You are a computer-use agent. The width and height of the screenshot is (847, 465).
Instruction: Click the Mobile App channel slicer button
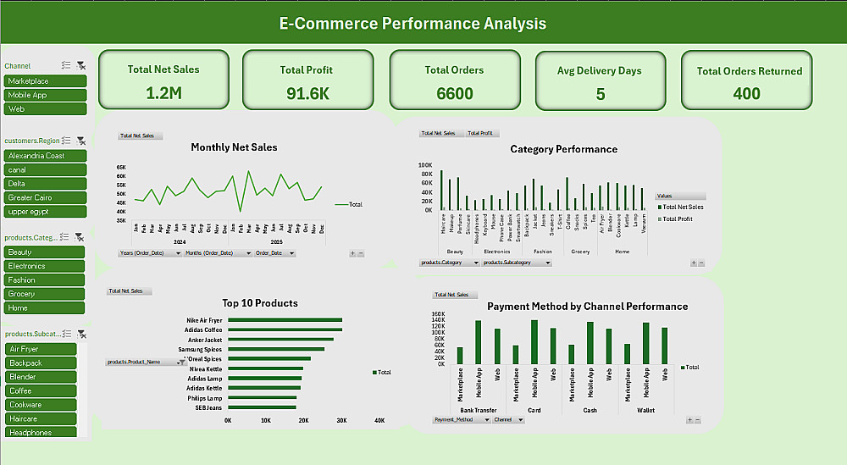46,95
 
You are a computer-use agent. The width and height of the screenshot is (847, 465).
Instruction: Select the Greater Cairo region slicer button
46,197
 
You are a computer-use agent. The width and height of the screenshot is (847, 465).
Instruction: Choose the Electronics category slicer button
46,266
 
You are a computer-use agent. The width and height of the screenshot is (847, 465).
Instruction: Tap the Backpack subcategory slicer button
46,363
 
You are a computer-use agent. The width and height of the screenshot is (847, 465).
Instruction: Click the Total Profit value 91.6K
308,93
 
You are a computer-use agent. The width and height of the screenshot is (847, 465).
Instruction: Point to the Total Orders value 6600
455,93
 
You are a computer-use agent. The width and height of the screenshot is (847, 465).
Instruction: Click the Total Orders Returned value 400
746,93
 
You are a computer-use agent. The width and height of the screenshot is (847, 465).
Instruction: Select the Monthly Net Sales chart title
234,147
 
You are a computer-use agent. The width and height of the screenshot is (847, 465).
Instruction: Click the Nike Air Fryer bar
285,320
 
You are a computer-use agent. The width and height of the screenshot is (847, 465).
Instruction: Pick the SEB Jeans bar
262,407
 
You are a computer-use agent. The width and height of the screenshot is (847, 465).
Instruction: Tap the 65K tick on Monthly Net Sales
121,168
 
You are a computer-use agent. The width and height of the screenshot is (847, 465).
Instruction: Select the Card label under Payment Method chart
534,410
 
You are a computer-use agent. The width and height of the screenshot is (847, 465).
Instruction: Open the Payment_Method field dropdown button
487,419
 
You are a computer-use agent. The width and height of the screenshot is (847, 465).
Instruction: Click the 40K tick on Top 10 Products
379,420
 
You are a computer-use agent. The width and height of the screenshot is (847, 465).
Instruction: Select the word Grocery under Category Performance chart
580,252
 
